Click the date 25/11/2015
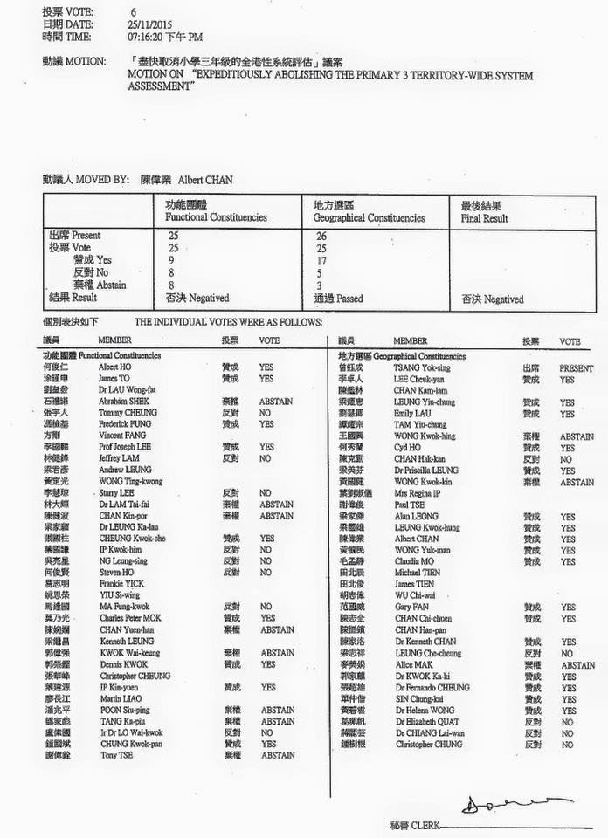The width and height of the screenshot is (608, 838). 148,26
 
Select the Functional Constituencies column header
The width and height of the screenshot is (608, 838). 216,217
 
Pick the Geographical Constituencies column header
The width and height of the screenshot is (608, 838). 370,217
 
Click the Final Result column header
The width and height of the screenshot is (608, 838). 484,217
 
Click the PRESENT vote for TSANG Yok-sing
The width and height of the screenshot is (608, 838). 576,368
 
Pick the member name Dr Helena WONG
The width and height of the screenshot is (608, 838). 423,711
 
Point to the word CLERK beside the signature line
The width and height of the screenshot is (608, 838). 426,824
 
